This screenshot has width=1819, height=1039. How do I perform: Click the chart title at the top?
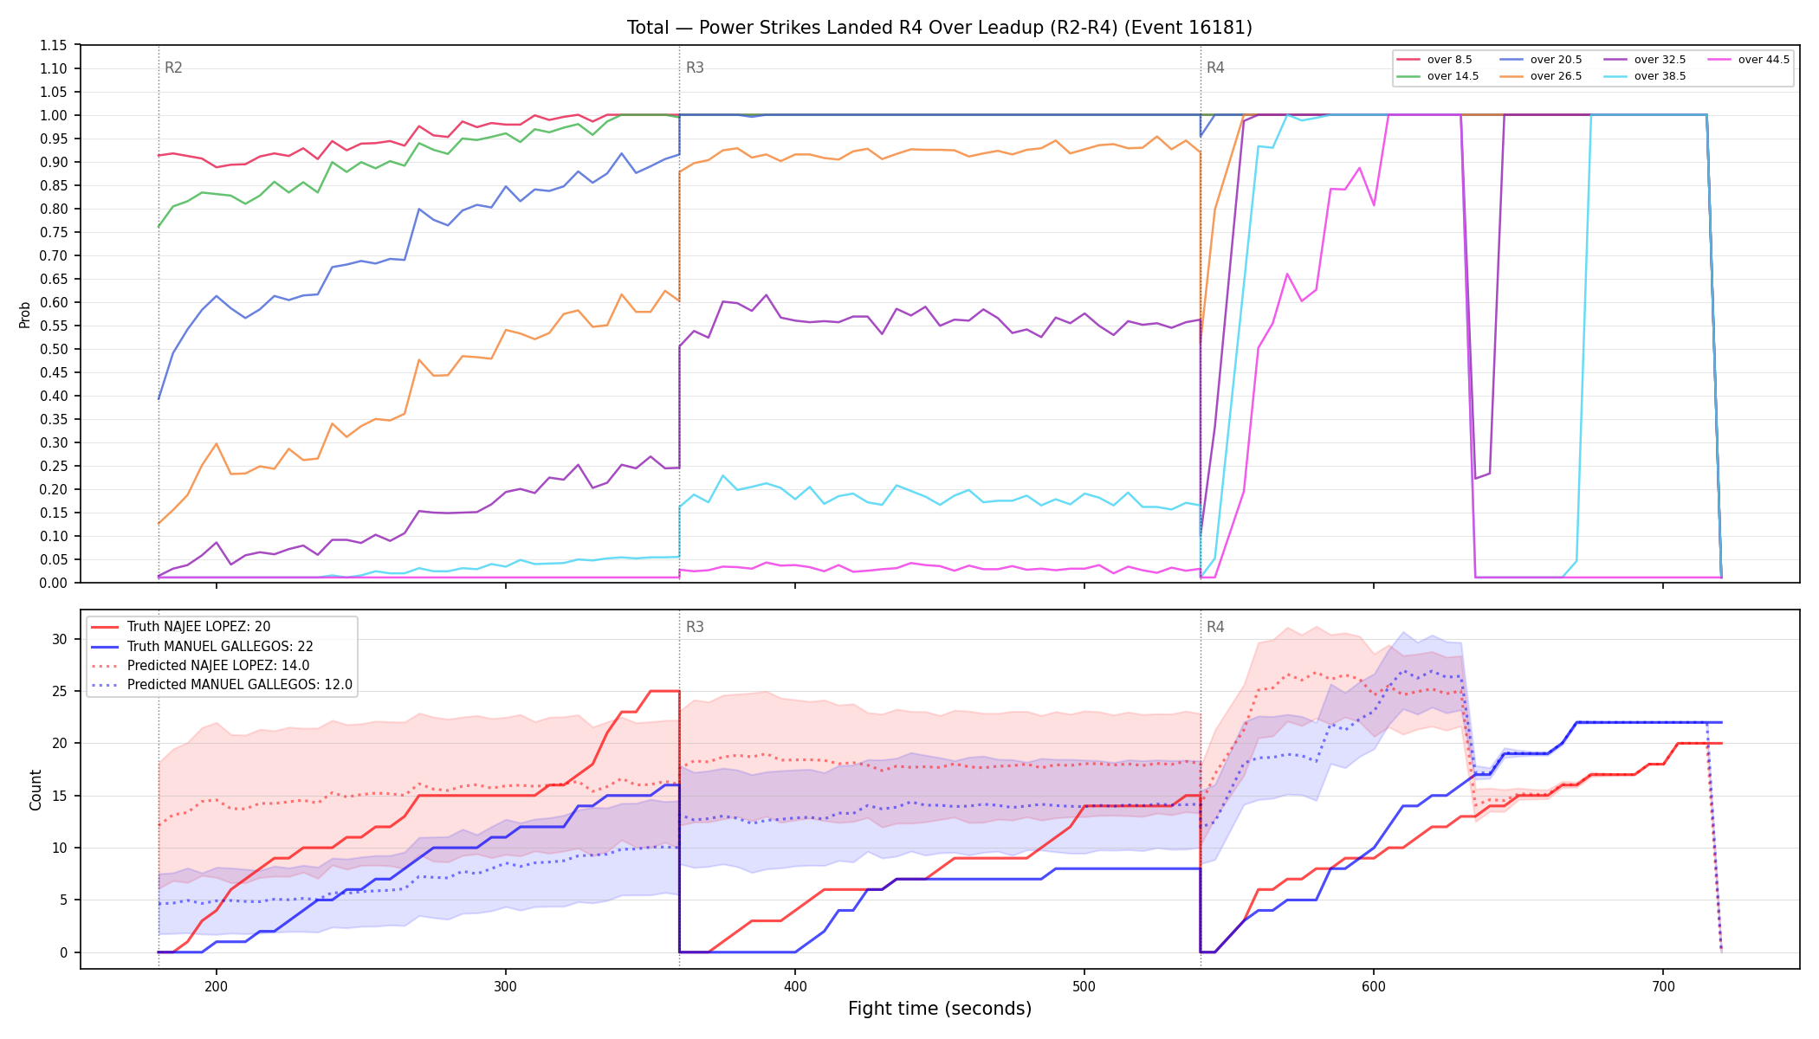(940, 28)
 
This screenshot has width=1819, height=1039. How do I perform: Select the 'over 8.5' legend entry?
(1434, 60)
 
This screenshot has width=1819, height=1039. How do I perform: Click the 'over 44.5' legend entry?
(1746, 60)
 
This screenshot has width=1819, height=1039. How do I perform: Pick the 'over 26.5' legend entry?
(1538, 76)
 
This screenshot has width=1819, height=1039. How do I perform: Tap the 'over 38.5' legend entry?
(1642, 76)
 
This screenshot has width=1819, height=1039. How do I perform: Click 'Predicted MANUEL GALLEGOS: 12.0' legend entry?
(222, 685)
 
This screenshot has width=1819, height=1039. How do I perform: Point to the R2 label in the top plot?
(173, 68)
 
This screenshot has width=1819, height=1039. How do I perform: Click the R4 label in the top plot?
(1215, 68)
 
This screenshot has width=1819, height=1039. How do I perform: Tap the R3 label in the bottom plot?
(695, 627)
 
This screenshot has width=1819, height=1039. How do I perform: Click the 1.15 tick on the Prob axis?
(54, 45)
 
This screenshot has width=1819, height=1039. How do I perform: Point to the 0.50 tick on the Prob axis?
(54, 349)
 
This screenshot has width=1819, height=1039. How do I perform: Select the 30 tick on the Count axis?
(60, 639)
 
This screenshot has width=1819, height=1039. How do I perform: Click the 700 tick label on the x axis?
(1663, 985)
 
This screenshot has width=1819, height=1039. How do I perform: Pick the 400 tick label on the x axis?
(795, 985)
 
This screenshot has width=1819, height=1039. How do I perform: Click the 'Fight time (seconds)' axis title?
(940, 1009)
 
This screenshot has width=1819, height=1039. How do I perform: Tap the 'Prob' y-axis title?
(25, 314)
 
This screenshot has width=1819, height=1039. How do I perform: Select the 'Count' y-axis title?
(36, 790)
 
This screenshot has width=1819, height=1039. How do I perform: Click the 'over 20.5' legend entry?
(1538, 60)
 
